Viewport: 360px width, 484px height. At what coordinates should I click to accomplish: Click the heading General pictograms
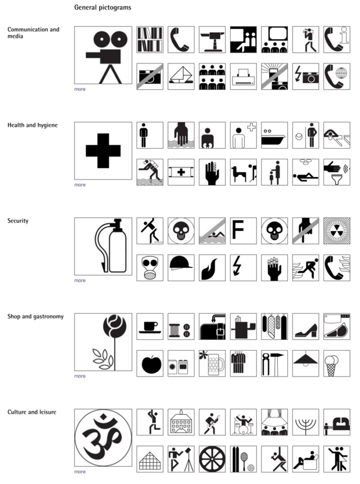tap(103, 8)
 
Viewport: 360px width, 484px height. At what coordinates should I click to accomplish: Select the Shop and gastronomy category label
tap(35, 316)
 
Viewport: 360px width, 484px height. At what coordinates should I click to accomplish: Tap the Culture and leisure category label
tap(31, 412)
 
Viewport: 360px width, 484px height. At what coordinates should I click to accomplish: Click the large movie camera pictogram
tap(103, 55)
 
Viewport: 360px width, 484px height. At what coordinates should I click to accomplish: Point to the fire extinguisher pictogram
tap(103, 246)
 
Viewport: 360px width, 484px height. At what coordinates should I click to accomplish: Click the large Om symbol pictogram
tap(103, 438)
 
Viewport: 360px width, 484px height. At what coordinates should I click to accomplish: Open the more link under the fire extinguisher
tap(80, 280)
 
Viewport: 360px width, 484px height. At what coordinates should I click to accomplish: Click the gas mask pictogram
tap(150, 268)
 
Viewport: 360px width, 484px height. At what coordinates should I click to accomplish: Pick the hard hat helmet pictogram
tap(181, 268)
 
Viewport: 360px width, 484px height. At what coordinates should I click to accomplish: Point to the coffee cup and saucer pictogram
tap(150, 326)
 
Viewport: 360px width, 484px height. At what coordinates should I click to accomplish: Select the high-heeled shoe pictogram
tap(306, 326)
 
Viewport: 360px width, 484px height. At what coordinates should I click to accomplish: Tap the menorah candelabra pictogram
tap(306, 422)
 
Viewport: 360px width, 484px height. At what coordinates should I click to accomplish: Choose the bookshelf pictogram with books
tap(150, 40)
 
